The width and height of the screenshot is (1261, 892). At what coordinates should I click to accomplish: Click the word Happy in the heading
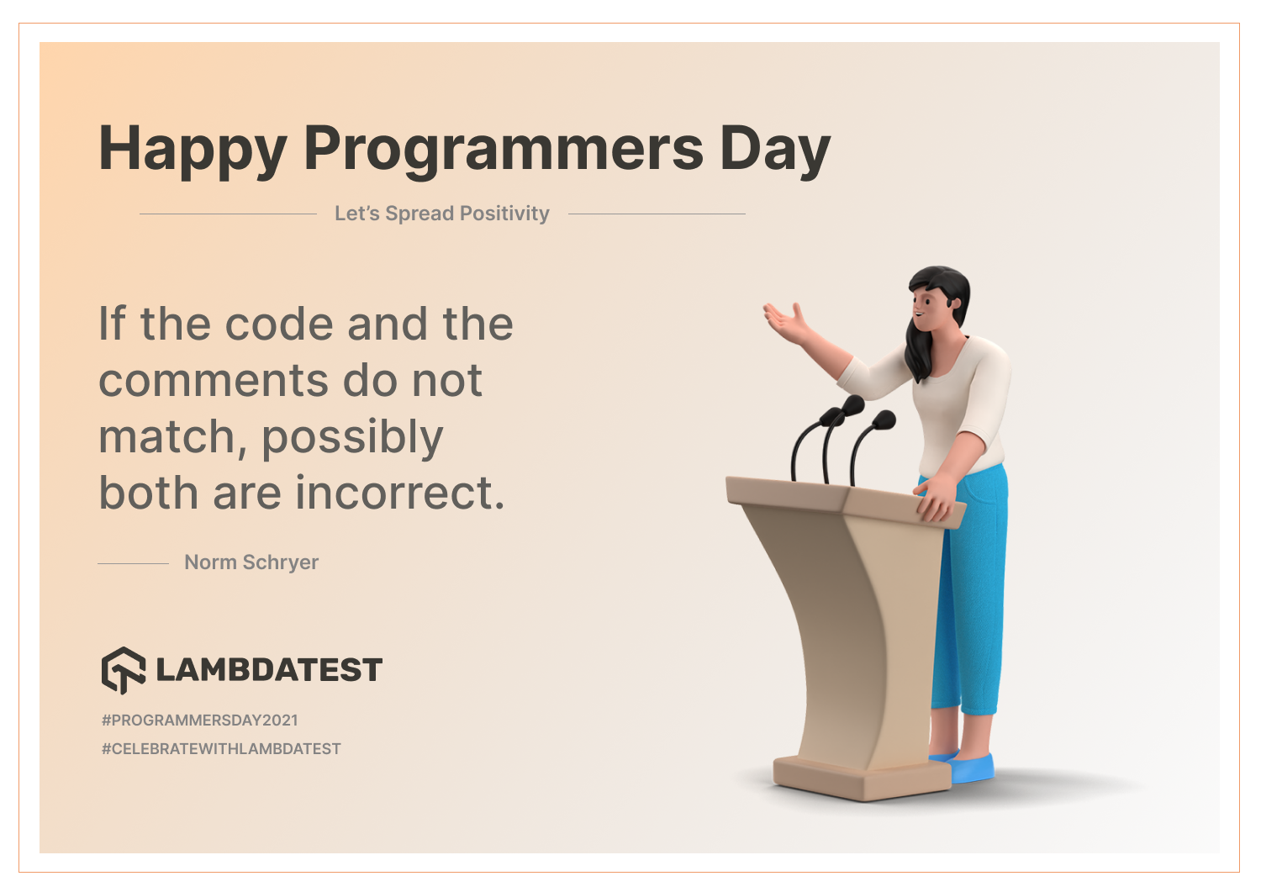[x=193, y=150]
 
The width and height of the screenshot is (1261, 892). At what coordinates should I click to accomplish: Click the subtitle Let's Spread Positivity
[x=442, y=214]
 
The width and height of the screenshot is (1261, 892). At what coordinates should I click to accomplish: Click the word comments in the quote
[x=214, y=381]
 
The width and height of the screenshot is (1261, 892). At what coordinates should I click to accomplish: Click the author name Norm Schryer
[x=251, y=562]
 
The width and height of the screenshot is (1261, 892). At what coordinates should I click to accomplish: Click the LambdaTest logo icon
[x=124, y=670]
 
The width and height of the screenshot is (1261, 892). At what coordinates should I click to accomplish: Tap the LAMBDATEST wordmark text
[x=269, y=669]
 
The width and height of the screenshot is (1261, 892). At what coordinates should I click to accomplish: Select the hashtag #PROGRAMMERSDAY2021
[x=200, y=720]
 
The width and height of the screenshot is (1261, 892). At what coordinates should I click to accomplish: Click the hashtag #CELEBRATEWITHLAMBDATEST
[x=221, y=749]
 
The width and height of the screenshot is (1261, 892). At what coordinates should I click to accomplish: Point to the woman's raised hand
[x=784, y=322]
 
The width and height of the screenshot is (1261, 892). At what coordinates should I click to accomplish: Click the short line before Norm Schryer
[x=134, y=563]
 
